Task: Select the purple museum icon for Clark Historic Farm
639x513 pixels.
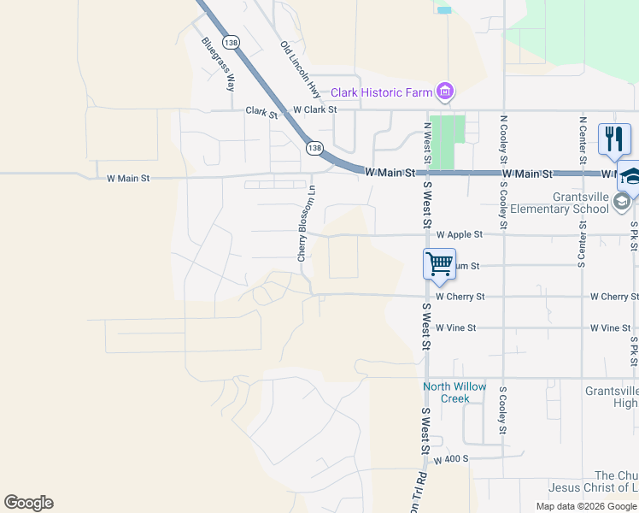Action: [444, 91]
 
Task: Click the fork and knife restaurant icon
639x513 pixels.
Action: [614, 139]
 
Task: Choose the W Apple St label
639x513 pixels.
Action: [460, 234]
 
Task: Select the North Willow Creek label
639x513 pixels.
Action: [455, 392]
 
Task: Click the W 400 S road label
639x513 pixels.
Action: [451, 460]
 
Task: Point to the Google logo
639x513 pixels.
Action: [28, 503]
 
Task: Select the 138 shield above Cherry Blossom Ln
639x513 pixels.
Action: [315, 148]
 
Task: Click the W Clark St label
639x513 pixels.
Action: [314, 109]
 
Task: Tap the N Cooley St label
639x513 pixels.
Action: [504, 140]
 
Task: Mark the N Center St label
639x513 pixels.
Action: [583, 140]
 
